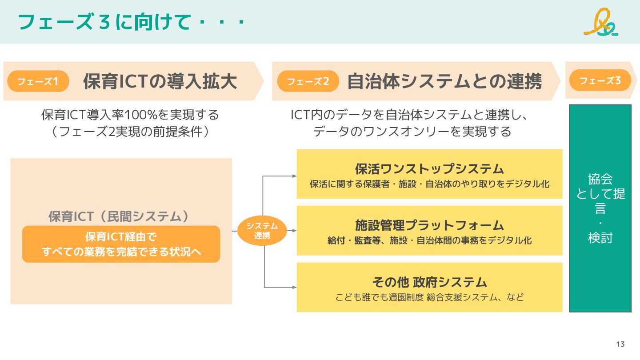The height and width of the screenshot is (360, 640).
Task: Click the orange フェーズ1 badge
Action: point(38,81)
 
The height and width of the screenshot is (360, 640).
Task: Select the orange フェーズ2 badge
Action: point(308,81)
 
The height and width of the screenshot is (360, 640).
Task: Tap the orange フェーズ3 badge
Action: point(600,80)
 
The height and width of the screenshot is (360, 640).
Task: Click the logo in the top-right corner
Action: point(601,22)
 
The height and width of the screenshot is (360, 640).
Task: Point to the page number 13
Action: point(620,344)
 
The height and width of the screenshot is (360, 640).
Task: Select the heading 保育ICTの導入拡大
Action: point(160,82)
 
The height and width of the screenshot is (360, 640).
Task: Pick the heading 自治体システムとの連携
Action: point(444,82)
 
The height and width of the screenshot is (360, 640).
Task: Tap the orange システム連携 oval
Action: point(262,231)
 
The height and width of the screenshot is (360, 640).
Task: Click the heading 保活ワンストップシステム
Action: point(429,169)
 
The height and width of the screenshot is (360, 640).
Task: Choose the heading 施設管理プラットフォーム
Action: point(429,225)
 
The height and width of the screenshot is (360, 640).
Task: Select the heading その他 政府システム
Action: point(429,282)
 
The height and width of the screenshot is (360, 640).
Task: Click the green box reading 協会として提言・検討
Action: point(600,208)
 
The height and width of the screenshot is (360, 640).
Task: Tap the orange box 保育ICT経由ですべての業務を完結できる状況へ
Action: point(121,244)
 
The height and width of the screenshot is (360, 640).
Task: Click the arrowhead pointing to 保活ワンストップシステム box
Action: point(294,176)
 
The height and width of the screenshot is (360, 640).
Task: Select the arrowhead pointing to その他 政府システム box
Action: point(294,288)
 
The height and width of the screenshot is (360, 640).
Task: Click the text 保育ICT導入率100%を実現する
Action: point(130,115)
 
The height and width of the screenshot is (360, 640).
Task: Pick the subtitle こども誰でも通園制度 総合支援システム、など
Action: point(429,297)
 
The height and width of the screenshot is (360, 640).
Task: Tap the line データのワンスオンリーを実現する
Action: point(412,132)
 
